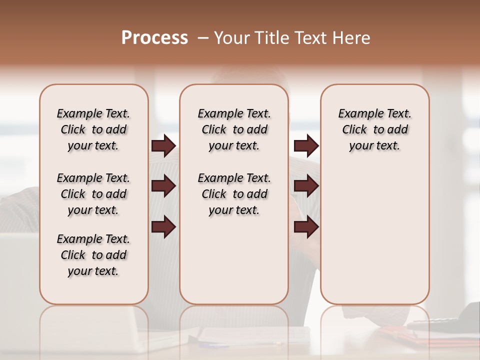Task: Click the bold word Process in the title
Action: [x=154, y=38]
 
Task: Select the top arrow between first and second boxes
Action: [x=163, y=146]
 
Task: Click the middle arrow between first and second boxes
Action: [x=163, y=186]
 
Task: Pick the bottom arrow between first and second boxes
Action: [x=163, y=227]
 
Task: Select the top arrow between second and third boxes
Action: [x=306, y=146]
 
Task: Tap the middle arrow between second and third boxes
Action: [x=306, y=186]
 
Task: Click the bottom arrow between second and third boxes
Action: [x=306, y=227]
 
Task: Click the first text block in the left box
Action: [x=93, y=129]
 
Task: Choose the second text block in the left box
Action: [x=93, y=194]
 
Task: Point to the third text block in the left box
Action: [x=93, y=255]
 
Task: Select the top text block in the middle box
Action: [x=234, y=129]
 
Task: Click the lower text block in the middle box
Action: [x=234, y=194]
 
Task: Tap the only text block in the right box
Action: [x=374, y=129]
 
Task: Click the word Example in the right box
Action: [x=356, y=114]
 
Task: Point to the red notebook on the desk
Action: [x=400, y=332]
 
